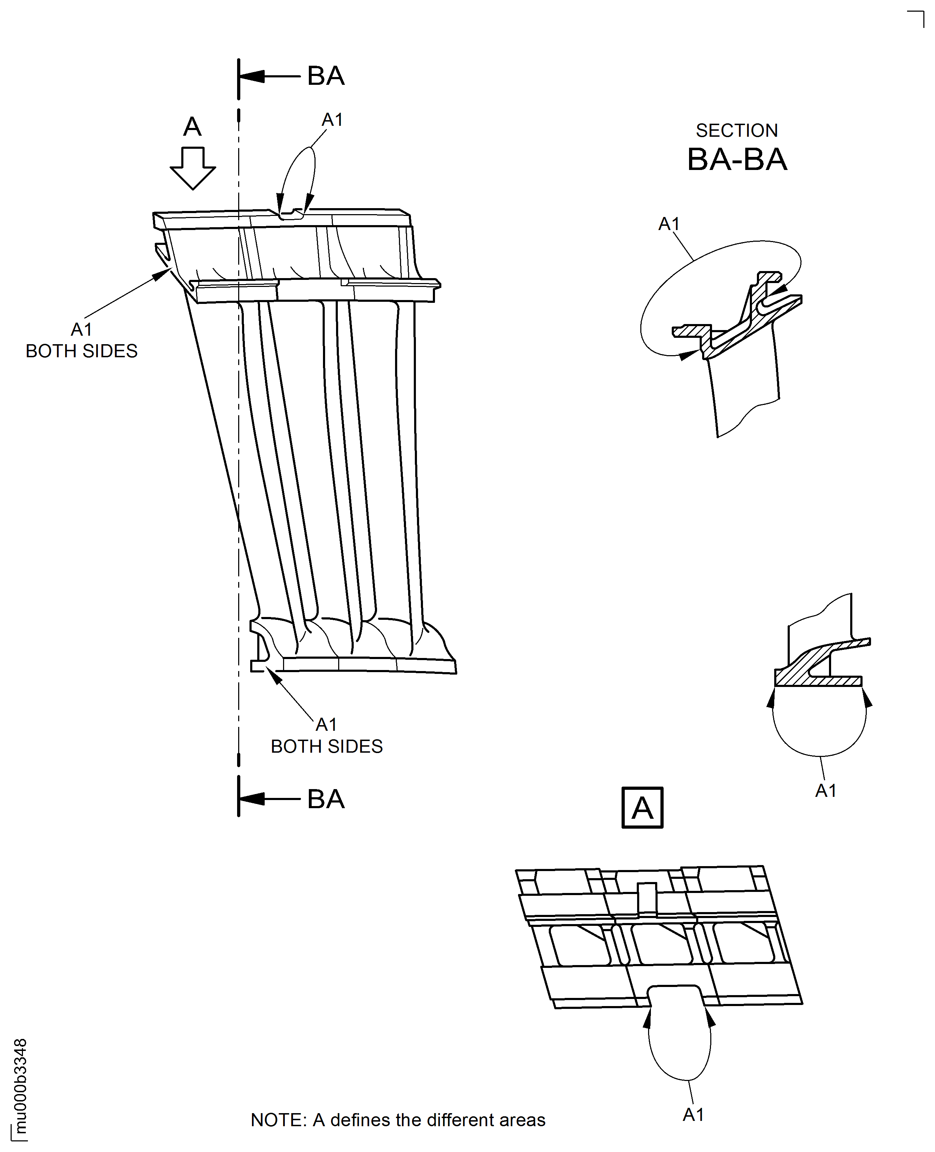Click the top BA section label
point(325,76)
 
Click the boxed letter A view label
point(642,808)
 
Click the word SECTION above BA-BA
point(736,130)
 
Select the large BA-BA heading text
point(737,159)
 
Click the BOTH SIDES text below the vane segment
point(327,746)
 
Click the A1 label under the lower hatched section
point(825,790)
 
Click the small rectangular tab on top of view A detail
point(647,898)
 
